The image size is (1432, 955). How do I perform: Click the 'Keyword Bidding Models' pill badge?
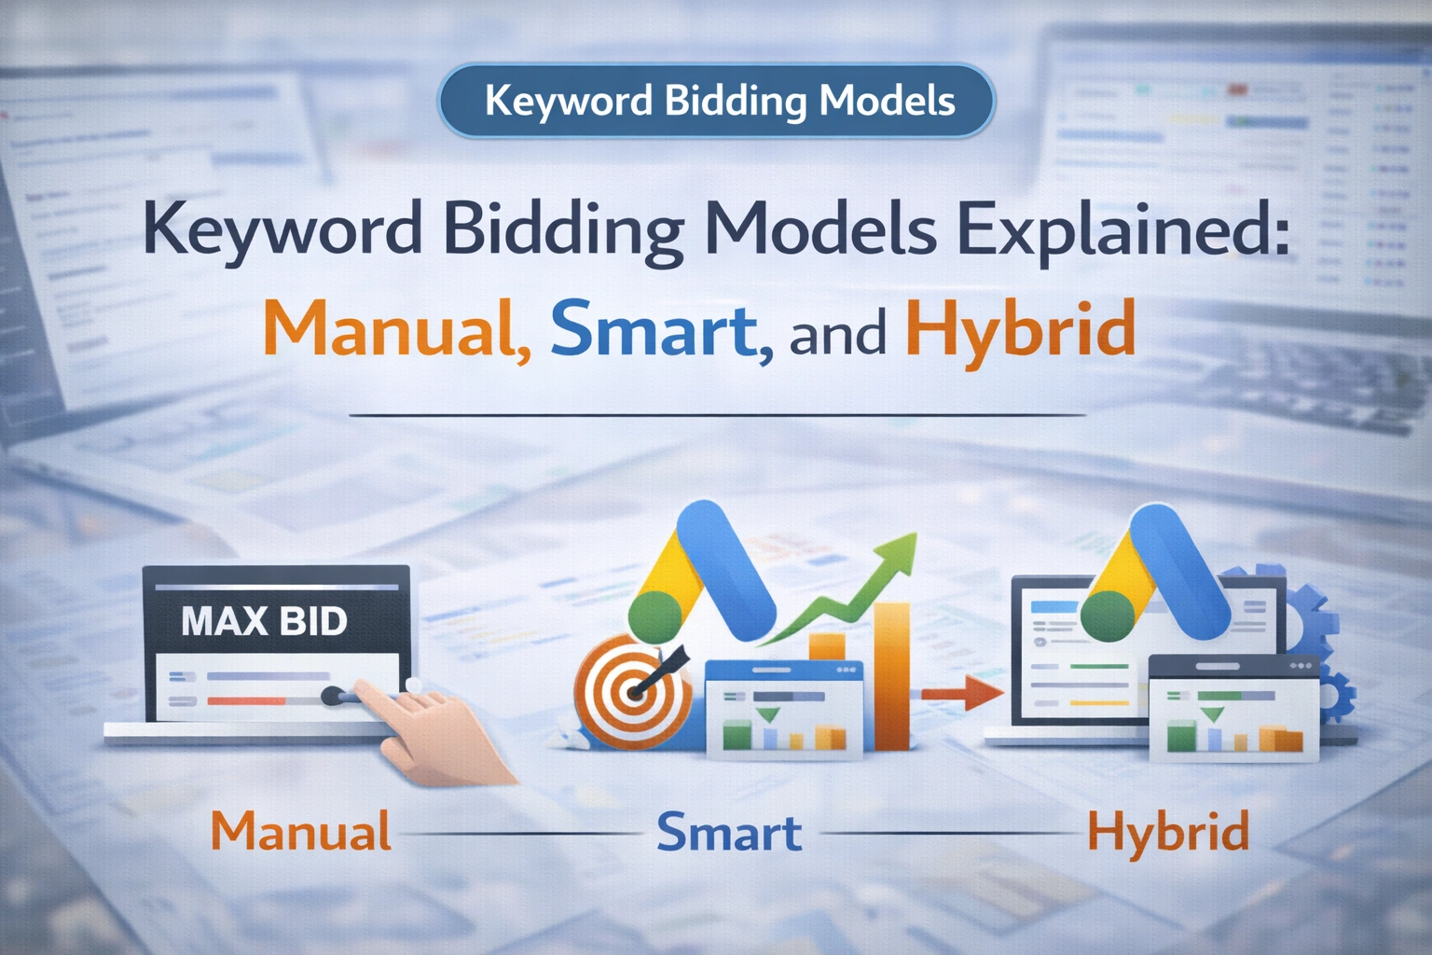(x=716, y=101)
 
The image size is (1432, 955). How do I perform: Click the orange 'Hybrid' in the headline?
(x=1021, y=333)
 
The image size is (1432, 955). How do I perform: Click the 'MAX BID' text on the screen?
(x=264, y=620)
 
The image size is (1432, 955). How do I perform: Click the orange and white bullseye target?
(x=633, y=692)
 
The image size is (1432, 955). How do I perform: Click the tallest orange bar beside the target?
(x=892, y=676)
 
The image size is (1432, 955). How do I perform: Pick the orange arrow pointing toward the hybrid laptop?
(x=962, y=692)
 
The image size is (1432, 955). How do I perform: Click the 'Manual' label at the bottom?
(x=301, y=831)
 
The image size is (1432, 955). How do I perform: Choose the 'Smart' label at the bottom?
(x=729, y=832)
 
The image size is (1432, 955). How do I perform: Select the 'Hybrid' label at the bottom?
(x=1168, y=834)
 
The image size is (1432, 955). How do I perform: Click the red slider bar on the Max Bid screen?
(x=247, y=701)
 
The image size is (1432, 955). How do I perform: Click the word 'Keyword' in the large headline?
(x=282, y=231)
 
